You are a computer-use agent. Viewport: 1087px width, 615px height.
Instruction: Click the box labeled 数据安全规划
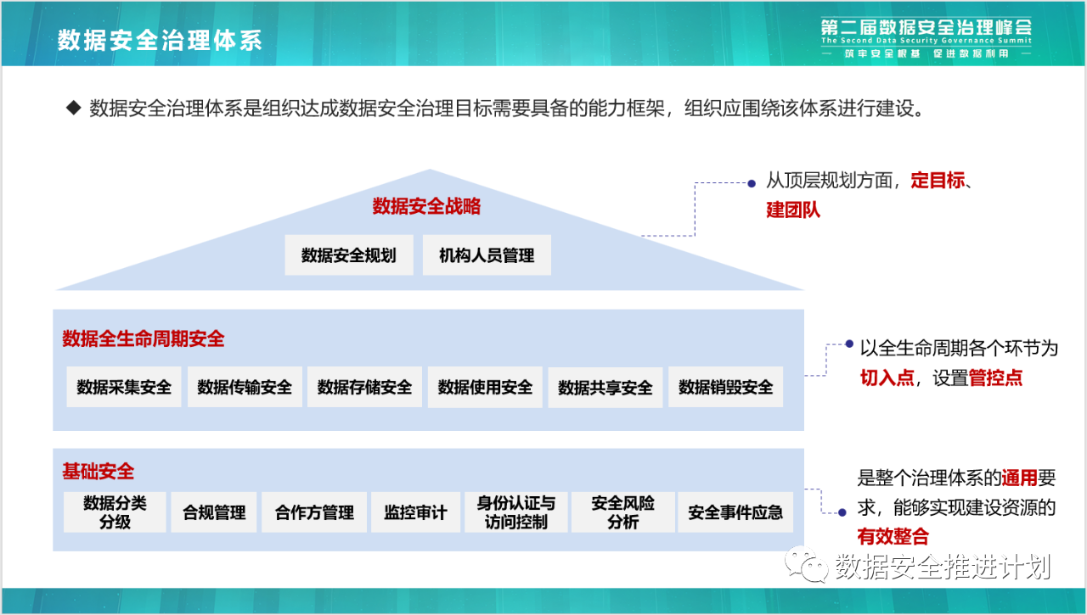tap(349, 255)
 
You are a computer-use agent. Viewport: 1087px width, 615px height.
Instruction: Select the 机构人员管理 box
tap(487, 255)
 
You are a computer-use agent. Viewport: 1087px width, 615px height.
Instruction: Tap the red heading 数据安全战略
tap(426, 206)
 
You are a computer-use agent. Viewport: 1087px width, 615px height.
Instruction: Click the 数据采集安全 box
tap(124, 387)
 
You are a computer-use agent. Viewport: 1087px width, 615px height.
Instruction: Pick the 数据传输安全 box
tap(245, 387)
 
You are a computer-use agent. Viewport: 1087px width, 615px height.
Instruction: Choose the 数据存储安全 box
tap(365, 387)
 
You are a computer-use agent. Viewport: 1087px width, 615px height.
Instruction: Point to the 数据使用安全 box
tap(485, 387)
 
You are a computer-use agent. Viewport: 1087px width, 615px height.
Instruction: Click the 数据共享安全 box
tap(605, 387)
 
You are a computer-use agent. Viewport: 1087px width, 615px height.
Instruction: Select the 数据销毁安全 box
tap(725, 387)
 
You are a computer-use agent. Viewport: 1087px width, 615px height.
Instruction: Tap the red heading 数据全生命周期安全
tap(144, 338)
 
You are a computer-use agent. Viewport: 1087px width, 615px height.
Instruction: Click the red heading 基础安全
tap(98, 471)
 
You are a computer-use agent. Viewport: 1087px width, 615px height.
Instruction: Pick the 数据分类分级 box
tap(115, 512)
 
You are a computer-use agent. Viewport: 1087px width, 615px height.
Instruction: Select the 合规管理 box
tap(214, 512)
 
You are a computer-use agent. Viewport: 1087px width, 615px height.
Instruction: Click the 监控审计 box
tap(415, 512)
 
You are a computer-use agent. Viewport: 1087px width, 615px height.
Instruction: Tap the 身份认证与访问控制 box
tap(515, 512)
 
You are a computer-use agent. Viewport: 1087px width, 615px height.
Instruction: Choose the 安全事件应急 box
tap(735, 512)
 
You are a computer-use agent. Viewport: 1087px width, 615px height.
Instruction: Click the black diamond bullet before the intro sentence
tap(73, 108)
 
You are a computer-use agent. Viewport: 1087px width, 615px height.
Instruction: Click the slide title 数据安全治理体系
tap(160, 40)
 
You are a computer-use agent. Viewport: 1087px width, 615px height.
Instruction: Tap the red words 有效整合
tap(893, 536)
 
